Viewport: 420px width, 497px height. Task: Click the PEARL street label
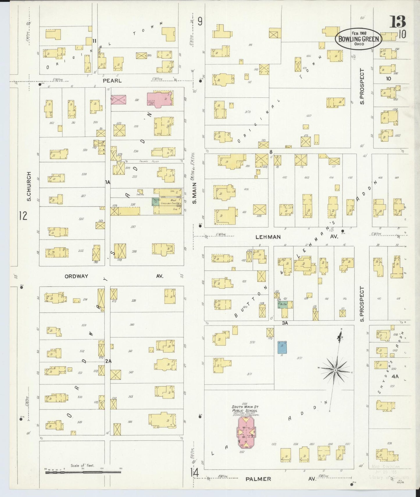point(112,81)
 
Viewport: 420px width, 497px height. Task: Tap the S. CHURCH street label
point(29,186)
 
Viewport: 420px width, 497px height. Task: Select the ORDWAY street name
point(76,276)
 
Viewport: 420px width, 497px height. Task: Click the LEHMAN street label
point(268,237)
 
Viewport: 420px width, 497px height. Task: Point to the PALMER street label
point(258,479)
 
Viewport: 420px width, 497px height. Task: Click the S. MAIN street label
point(194,192)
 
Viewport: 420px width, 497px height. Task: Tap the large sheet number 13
point(397,22)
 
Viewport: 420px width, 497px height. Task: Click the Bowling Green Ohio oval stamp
point(358,39)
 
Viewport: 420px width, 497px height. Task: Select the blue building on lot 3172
point(282,348)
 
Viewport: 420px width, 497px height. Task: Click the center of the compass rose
point(335,370)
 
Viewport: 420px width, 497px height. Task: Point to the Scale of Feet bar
point(83,472)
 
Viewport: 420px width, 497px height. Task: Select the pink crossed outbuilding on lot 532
point(118,100)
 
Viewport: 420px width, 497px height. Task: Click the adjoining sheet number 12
point(23,216)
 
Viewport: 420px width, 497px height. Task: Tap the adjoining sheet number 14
point(194,472)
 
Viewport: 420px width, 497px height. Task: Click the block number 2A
point(108,361)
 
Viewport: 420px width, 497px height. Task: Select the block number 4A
point(395,376)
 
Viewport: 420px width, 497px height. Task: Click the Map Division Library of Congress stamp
point(389,471)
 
